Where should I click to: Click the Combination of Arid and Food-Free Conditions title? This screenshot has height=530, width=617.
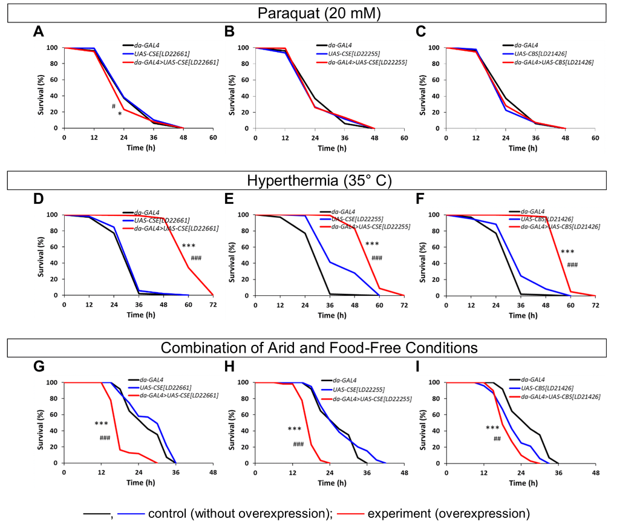(308, 348)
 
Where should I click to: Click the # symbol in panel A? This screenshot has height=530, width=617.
(113, 106)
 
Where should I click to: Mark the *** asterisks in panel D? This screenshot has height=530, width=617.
(189, 246)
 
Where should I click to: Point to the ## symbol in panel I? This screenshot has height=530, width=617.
(497, 439)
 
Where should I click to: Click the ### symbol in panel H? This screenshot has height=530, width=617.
(298, 445)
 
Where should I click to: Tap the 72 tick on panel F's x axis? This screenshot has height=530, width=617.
(595, 303)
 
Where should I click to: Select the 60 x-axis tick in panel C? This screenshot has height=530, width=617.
(595, 136)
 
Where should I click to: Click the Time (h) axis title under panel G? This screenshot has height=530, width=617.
(138, 482)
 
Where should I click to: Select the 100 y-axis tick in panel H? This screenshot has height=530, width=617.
(246, 382)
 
